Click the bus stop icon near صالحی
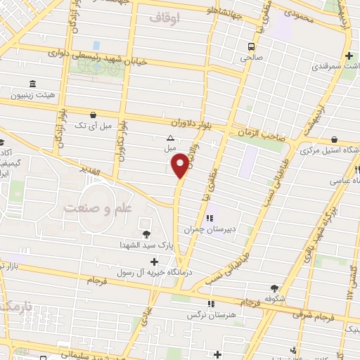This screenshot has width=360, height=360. pyautogui.click(x=250, y=47)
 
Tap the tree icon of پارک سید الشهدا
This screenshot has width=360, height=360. pyautogui.click(x=146, y=234)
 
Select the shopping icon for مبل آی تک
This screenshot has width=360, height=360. pyautogui.click(x=93, y=114)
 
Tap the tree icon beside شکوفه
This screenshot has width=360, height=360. pyautogui.click(x=274, y=288)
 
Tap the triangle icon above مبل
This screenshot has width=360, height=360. pyautogui.click(x=169, y=139)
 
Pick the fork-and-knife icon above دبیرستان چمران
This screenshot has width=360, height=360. pyautogui.click(x=209, y=217)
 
